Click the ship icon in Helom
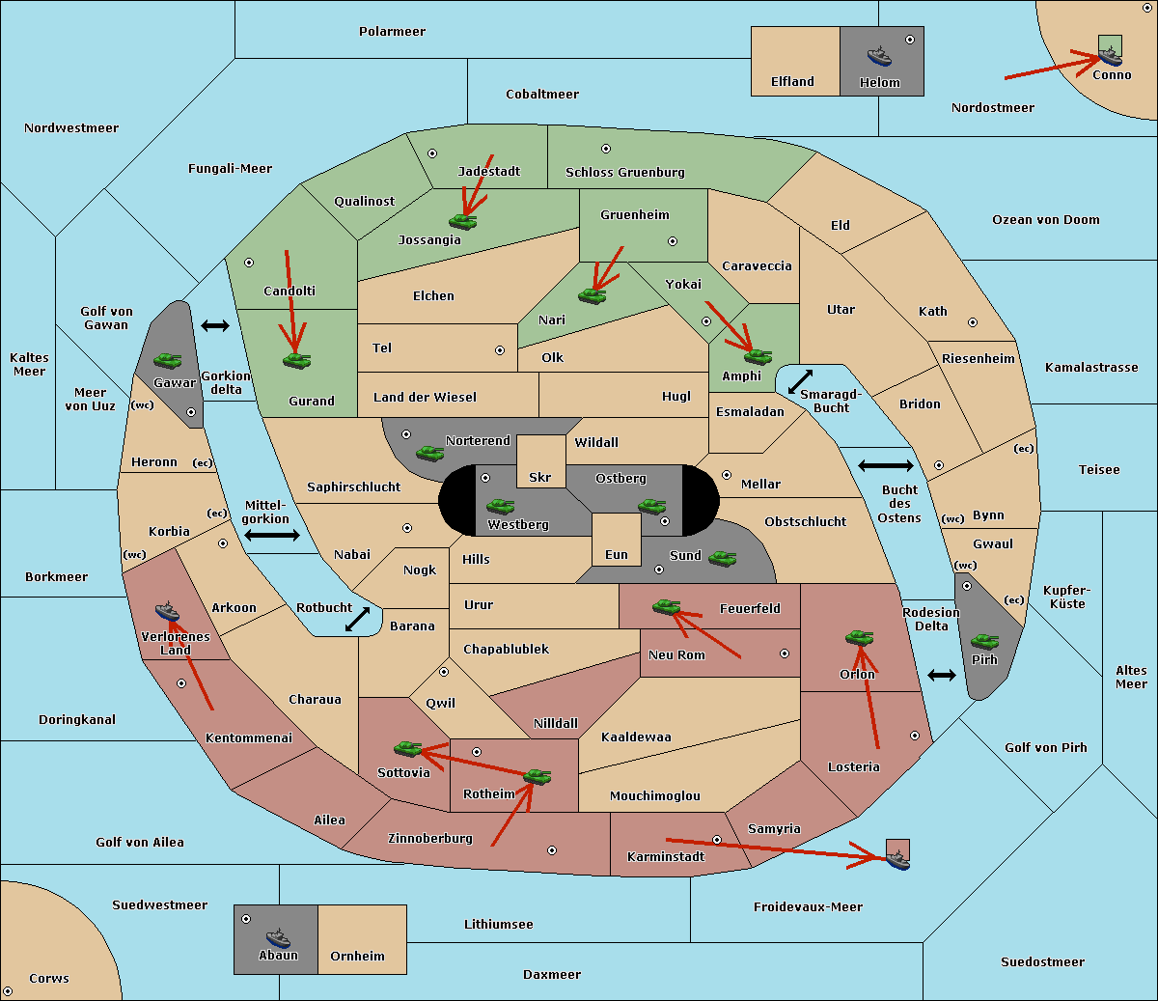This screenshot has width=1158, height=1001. tap(879, 56)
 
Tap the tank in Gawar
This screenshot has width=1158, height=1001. tap(168, 360)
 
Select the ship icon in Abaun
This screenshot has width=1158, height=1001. tap(278, 937)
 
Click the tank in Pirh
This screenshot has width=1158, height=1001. tap(984, 641)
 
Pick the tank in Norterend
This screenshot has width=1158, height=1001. tap(429, 453)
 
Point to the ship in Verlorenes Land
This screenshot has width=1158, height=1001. tap(167, 611)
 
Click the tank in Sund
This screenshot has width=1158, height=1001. tap(722, 559)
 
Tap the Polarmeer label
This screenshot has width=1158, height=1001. tap(392, 32)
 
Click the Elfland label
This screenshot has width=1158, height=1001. tap(792, 82)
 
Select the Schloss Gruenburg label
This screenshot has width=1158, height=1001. tap(625, 172)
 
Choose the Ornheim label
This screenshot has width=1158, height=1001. tap(357, 956)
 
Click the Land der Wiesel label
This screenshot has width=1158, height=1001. tap(425, 398)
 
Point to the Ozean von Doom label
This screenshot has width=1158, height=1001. tap(1046, 220)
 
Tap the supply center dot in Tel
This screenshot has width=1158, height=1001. tap(500, 350)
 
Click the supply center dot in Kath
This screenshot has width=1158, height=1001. tap(973, 322)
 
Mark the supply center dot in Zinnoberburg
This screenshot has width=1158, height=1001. tap(552, 850)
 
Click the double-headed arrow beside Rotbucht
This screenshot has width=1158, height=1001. tap(357, 620)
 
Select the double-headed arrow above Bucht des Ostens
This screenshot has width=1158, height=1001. tap(886, 465)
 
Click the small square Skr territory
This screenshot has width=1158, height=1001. tap(540, 461)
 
